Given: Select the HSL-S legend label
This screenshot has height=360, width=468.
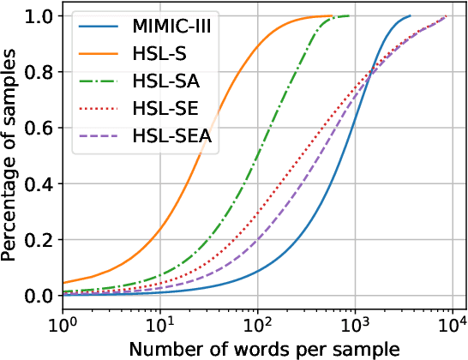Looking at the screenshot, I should click(153, 53).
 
